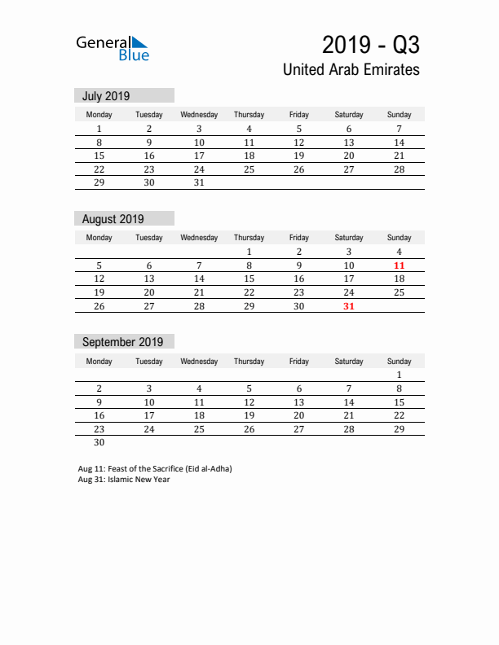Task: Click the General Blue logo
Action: tap(113, 48)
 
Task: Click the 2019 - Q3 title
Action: tap(371, 44)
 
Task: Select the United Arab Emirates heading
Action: tap(351, 70)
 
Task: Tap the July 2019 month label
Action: tap(106, 96)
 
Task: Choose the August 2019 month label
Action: tap(113, 219)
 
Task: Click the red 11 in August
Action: tap(399, 265)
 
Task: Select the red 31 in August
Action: tap(349, 306)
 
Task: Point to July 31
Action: tap(199, 183)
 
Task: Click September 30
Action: tap(99, 443)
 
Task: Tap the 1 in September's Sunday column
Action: tap(399, 375)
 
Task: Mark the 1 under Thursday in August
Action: tap(249, 252)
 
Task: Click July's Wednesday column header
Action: tap(199, 115)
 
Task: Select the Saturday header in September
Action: tap(349, 361)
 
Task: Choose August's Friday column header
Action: tap(298, 238)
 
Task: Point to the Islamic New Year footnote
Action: tap(124, 480)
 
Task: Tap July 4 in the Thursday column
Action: tap(249, 129)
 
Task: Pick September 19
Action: tap(249, 415)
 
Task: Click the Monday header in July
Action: tap(99, 115)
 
